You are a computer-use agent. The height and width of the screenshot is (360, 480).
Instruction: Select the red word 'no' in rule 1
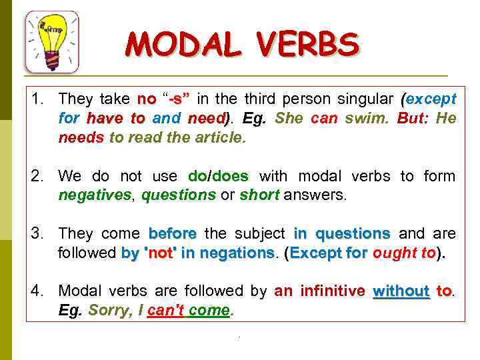point(147,100)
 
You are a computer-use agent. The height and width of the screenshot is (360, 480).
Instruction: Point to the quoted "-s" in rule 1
point(178,100)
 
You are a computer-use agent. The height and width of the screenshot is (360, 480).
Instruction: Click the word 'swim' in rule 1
point(365,119)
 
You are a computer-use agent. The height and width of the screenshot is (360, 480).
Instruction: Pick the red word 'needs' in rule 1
point(81,139)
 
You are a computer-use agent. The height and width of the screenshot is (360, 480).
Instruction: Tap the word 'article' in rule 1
point(219,139)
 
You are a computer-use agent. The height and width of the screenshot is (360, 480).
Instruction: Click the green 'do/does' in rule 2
point(219,177)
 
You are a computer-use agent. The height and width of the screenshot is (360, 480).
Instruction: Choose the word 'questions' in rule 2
point(178,196)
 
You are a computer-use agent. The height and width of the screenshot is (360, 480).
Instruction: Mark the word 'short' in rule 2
point(259,196)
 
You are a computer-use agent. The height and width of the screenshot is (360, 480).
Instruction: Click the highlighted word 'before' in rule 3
point(172,234)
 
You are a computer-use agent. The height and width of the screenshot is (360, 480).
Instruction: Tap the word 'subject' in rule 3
point(258,234)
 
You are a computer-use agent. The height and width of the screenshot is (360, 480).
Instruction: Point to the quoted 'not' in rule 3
point(158,253)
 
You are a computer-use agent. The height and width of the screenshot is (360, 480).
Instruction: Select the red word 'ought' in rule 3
point(392,253)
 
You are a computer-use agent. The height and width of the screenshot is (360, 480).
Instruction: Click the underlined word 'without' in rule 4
point(401,291)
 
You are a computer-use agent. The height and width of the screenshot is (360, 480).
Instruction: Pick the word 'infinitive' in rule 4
point(333,291)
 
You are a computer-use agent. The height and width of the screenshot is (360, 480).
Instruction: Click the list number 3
point(36,234)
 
